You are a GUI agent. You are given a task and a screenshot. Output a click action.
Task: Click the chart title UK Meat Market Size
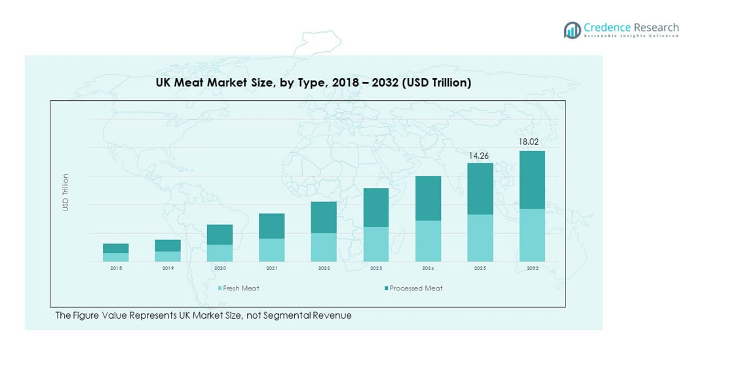click(x=313, y=83)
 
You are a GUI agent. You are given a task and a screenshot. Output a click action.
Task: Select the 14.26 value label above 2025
click(x=479, y=155)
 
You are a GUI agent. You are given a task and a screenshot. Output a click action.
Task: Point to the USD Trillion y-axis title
click(x=65, y=192)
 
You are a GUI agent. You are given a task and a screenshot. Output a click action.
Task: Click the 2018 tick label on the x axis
click(x=116, y=268)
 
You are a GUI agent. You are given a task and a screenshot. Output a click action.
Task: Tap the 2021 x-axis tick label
click(x=272, y=268)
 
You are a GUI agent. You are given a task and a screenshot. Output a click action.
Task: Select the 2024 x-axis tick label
click(x=428, y=268)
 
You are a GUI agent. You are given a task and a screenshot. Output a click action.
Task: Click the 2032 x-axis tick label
click(x=532, y=268)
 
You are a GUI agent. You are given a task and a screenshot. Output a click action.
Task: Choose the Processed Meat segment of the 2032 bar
click(x=532, y=180)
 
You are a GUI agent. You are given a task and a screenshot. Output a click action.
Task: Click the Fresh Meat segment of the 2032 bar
click(x=532, y=235)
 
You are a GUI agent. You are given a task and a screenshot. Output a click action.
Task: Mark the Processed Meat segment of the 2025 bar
click(x=480, y=189)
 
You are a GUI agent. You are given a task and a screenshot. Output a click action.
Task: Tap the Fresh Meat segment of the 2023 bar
click(x=376, y=244)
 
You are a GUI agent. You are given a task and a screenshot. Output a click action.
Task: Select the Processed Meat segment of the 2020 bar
click(x=220, y=235)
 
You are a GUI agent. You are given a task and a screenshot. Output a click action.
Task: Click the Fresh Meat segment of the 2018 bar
click(x=116, y=257)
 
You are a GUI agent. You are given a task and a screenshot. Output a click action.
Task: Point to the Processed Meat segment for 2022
click(x=324, y=217)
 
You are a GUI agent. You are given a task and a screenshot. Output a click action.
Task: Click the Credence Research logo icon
click(x=572, y=30)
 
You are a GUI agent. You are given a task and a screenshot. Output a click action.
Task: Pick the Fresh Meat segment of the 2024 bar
click(x=428, y=241)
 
